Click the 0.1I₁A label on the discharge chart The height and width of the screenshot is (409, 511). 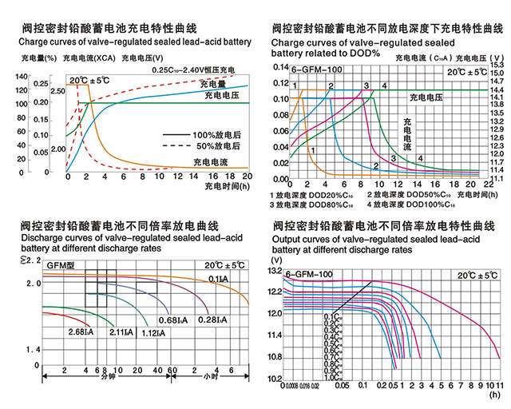click(217, 277)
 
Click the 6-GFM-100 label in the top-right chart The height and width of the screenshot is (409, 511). click(315, 70)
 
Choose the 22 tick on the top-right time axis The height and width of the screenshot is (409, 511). click(489, 185)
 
